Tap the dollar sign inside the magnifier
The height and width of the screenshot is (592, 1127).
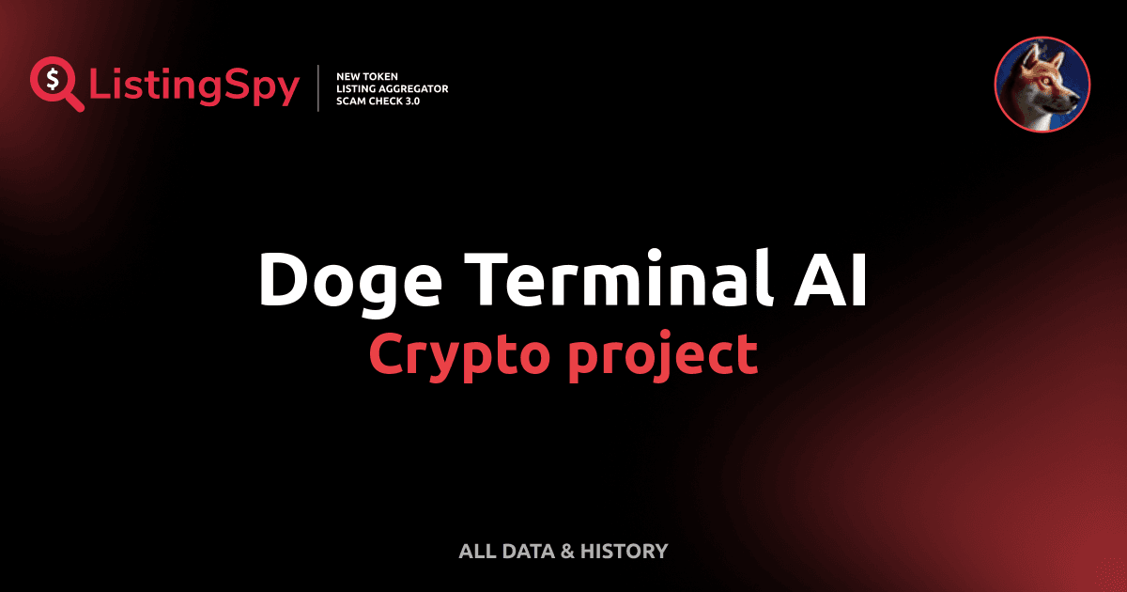(x=52, y=79)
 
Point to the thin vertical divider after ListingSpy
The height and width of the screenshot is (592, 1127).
(x=320, y=87)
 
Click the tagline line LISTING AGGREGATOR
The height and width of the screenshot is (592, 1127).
(x=392, y=88)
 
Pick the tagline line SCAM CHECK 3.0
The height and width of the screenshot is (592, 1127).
(x=378, y=101)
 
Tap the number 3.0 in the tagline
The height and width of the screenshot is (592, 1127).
(x=410, y=101)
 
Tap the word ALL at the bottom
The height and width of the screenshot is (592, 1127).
(x=476, y=552)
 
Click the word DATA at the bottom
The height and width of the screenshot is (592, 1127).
(x=528, y=552)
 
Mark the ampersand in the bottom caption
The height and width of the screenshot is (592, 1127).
(x=567, y=552)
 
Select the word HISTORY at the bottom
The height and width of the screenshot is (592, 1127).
(x=624, y=552)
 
